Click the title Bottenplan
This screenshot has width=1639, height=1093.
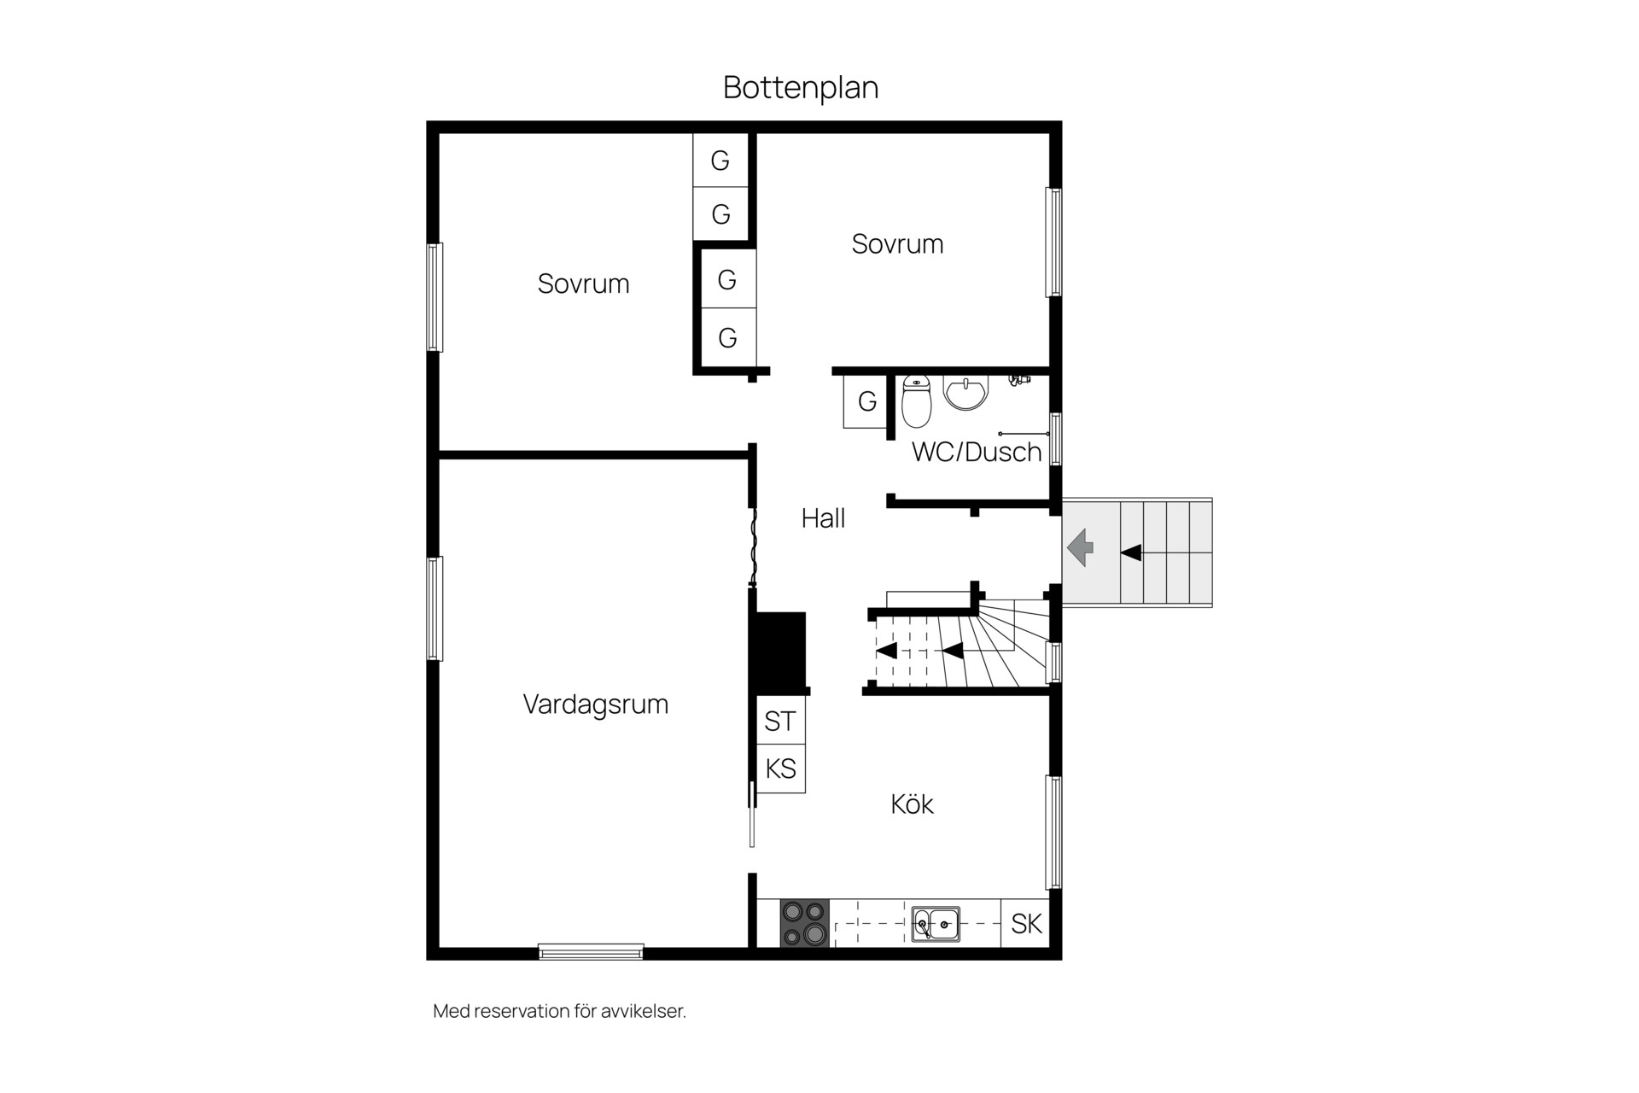tap(801, 87)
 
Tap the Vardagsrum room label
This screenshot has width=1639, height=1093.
tap(596, 704)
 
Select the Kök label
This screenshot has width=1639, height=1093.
tap(912, 804)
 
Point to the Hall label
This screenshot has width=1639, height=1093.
tap(823, 517)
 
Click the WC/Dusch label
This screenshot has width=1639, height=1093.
tap(977, 452)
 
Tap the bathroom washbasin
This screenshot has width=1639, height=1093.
tap(965, 393)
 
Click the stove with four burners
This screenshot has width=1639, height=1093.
tap(805, 923)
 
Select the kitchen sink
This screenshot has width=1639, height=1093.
tap(936, 924)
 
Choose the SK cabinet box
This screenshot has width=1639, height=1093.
tap(1025, 923)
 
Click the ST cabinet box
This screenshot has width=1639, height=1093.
tap(781, 721)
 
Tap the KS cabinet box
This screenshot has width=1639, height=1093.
tap(781, 769)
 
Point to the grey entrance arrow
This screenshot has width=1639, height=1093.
tap(1081, 546)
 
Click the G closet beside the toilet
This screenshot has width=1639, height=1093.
tap(866, 401)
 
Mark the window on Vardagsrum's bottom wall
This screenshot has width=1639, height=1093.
tap(591, 951)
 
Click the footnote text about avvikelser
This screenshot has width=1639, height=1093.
tap(560, 1011)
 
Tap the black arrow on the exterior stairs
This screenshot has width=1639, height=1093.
tap(1131, 552)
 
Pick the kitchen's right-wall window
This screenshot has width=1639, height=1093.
tap(1054, 833)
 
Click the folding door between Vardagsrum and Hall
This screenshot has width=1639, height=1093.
tap(753, 546)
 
